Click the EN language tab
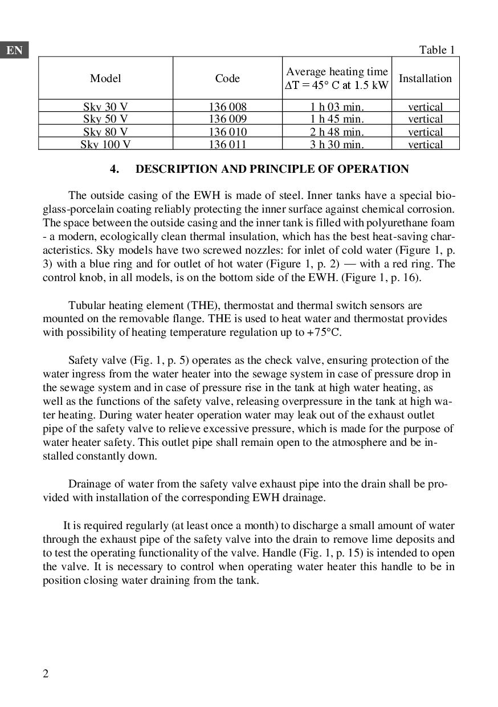click(15, 50)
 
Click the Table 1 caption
click(437, 50)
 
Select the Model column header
click(105, 78)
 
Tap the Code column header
click(227, 78)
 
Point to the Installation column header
click(425, 78)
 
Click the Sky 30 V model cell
click(105, 107)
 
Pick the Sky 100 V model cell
click(105, 144)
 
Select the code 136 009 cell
click(227, 119)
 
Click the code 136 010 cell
click(227, 132)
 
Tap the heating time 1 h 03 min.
click(337, 107)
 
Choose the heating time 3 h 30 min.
click(337, 144)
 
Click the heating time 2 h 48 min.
click(337, 132)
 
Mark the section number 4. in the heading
click(115, 169)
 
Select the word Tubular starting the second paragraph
click(87, 306)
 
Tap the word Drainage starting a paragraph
click(90, 484)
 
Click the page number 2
click(46, 674)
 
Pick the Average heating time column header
click(337, 78)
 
